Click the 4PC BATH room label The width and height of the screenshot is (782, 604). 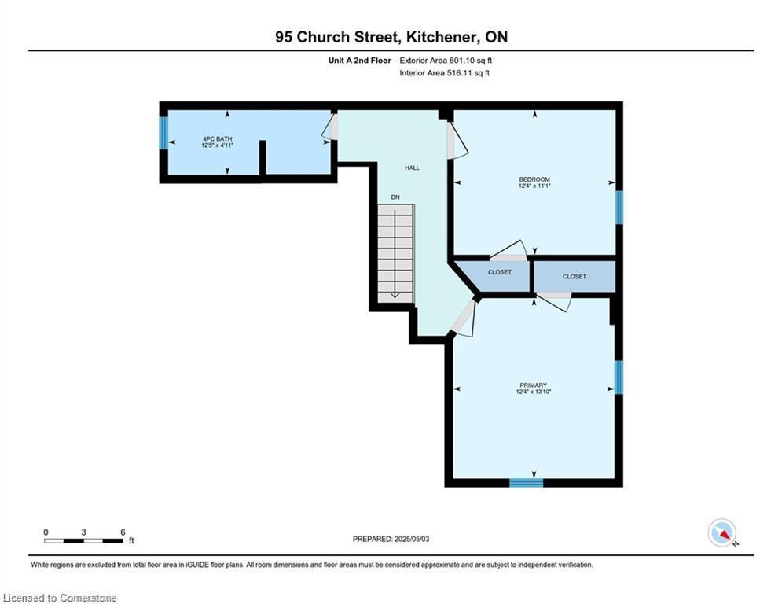tap(218, 138)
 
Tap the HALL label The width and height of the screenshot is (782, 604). tap(412, 168)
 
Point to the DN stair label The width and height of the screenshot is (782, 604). tap(395, 197)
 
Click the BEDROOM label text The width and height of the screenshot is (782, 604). tap(534, 179)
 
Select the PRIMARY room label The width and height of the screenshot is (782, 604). tap(534, 385)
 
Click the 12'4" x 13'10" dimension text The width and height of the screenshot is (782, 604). tap(534, 392)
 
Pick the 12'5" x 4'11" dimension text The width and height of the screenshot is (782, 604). tap(218, 145)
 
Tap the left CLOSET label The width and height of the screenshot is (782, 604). tap(500, 272)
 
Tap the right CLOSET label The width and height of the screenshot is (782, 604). tap(575, 276)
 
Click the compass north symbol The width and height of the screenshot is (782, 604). tap(722, 534)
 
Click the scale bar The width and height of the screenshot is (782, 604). tap(84, 540)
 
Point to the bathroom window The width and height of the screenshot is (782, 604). tap(163, 133)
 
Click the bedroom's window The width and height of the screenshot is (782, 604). tap(619, 208)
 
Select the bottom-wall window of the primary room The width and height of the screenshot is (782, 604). tap(526, 483)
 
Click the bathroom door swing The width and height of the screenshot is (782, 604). tap(330, 127)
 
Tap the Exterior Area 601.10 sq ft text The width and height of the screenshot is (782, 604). tap(446, 61)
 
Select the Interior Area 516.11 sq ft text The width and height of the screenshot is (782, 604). tap(444, 73)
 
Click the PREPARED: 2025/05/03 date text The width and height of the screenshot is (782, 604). tap(391, 539)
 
